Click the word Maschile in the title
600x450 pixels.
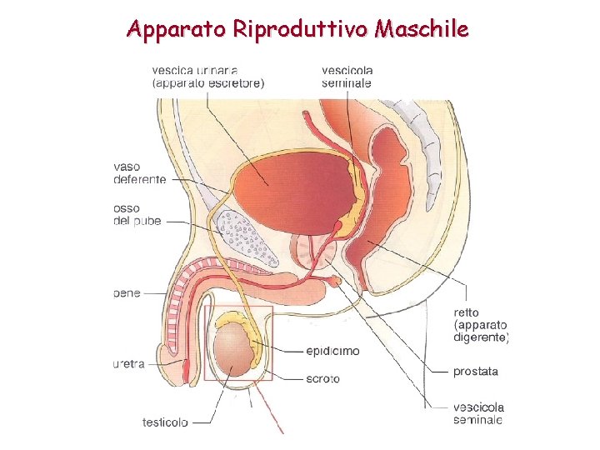[422, 30]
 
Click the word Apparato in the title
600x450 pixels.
[177, 30]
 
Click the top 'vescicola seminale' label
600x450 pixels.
[347, 76]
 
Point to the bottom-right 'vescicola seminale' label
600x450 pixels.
[478, 414]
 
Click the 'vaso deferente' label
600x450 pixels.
[140, 172]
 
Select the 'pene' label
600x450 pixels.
[127, 293]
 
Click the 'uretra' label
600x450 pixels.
[130, 364]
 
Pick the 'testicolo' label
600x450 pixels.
[165, 422]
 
